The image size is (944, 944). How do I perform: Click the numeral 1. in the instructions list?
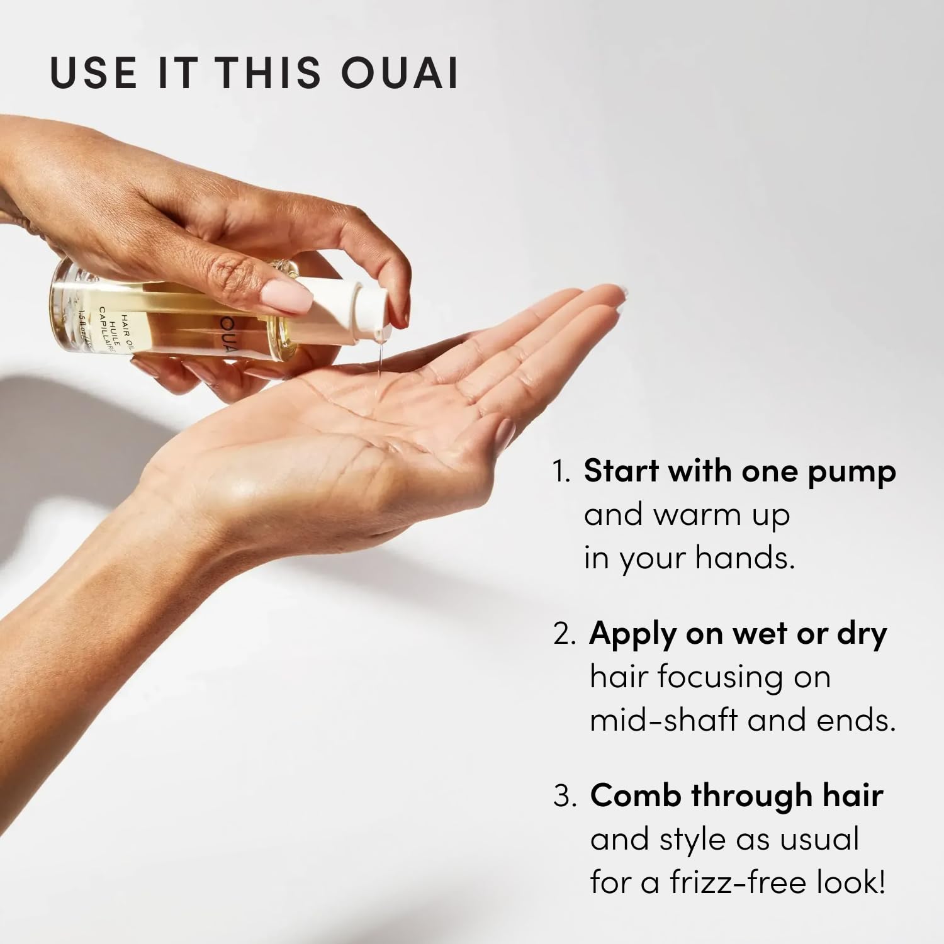point(561,472)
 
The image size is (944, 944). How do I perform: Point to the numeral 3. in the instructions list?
point(565,797)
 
